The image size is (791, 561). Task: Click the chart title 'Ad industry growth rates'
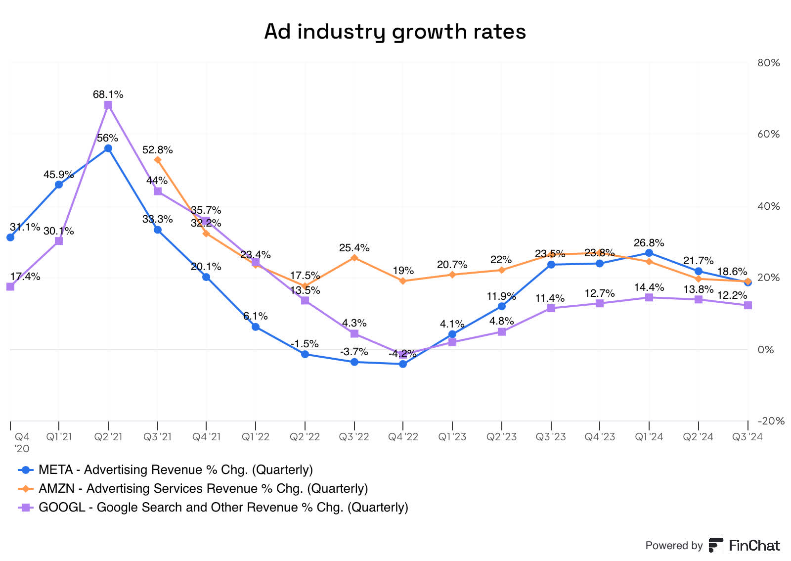pyautogui.click(x=395, y=32)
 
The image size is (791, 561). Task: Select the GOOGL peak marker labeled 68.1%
pyautogui.click(x=108, y=105)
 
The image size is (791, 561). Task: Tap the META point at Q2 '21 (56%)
pyautogui.click(x=108, y=148)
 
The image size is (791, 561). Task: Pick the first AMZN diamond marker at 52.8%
pyautogui.click(x=158, y=160)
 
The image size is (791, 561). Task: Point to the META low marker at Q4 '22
pyautogui.click(x=403, y=364)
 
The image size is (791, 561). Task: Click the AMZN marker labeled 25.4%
pyautogui.click(x=354, y=258)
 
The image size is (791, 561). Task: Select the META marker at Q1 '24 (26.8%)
pyautogui.click(x=649, y=253)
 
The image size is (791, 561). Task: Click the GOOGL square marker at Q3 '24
pyautogui.click(x=747, y=305)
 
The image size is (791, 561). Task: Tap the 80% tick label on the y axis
pyautogui.click(x=768, y=63)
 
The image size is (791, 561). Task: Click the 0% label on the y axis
pyautogui.click(x=765, y=350)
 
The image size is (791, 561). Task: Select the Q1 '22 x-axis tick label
pyautogui.click(x=256, y=437)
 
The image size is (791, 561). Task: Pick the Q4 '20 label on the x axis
pyautogui.click(x=22, y=442)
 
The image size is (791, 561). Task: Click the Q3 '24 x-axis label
pyautogui.click(x=747, y=437)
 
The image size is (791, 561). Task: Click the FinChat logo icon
pyautogui.click(x=715, y=545)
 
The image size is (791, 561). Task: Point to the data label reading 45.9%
pyautogui.click(x=58, y=174)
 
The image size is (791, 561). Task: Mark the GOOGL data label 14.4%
pyautogui.click(x=649, y=287)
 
